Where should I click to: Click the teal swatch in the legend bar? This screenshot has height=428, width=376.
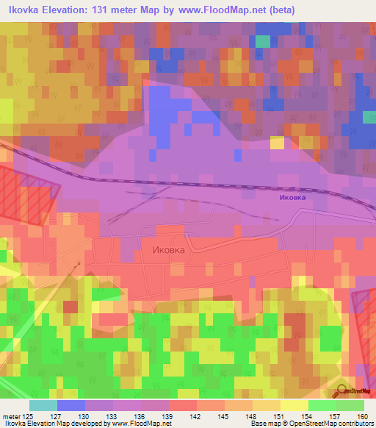click(x=43, y=405)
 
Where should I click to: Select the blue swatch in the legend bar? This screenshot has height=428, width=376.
click(x=70, y=405)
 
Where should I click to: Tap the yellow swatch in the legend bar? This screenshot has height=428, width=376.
click(x=294, y=405)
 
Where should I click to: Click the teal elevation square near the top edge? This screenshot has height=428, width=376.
click(x=262, y=41)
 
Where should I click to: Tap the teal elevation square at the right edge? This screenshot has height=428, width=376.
click(x=369, y=118)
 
